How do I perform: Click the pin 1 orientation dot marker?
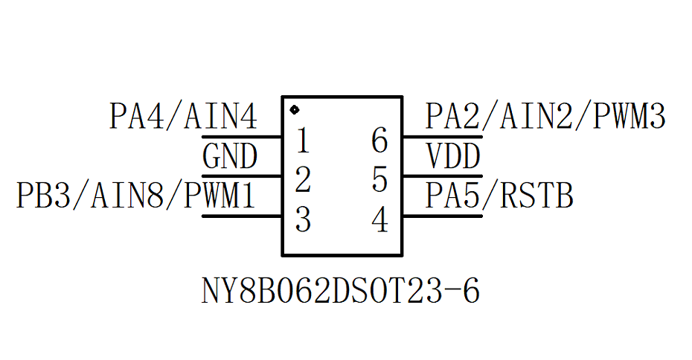pos(294,110)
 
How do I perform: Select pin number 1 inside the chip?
pos(303,141)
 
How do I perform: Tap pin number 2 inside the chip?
pos(303,180)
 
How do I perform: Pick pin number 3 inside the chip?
pos(303,219)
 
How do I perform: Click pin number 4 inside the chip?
pos(380,219)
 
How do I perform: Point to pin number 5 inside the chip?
pos(380,180)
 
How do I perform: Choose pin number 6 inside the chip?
pos(380,141)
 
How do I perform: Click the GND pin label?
pos(230,157)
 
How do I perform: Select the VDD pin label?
pos(453,157)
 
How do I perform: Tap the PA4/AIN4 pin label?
pos(183,118)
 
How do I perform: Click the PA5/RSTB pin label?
pos(499,196)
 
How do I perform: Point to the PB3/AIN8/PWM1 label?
pos(136,196)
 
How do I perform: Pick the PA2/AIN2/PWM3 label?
pos(545,118)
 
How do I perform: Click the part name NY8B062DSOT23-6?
pos(341,292)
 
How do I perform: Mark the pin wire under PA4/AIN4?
pos(241,137)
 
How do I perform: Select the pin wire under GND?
pos(241,176)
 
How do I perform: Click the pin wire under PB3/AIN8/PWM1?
pos(241,216)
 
